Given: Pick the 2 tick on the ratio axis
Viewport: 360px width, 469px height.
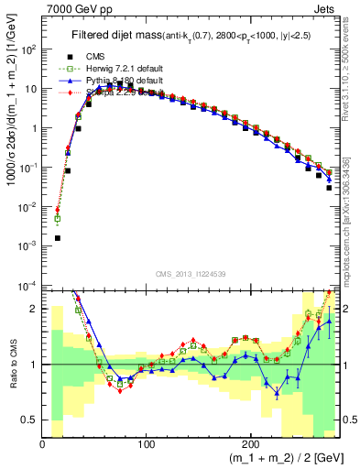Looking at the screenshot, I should [x=34, y=310].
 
